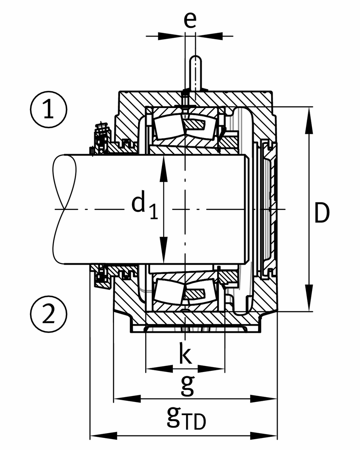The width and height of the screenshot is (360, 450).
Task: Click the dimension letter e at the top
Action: coord(190,21)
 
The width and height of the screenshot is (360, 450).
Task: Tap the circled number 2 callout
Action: coord(49,314)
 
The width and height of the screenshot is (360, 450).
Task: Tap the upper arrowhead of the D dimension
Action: coord(309,120)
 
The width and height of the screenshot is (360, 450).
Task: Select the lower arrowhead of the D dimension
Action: coord(309,298)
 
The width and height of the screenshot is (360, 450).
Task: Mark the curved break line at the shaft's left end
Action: coord(60,208)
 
